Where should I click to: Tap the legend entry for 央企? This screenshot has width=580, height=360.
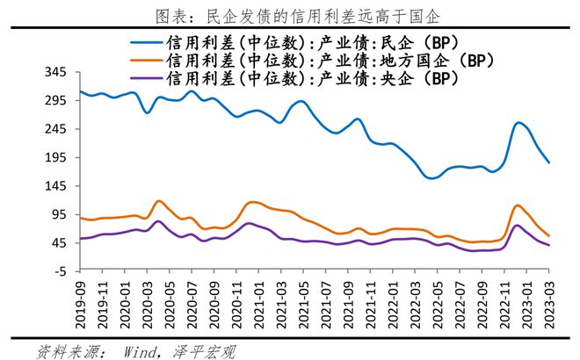tap(299, 78)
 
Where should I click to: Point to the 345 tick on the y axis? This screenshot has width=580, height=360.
tap(55, 71)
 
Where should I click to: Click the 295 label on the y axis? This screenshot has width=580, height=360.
tap(55, 100)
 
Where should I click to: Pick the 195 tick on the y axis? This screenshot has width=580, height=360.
tap(55, 157)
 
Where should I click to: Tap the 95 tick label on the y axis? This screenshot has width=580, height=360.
tap(59, 214)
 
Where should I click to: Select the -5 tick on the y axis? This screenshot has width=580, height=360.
tap(61, 271)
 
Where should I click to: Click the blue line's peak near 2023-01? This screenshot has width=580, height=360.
tap(518, 123)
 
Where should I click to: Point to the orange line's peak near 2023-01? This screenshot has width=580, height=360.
tap(518, 205)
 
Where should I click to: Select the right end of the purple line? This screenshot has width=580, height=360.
tap(549, 245)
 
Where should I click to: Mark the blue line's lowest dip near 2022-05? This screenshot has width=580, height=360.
tap(431, 178)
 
